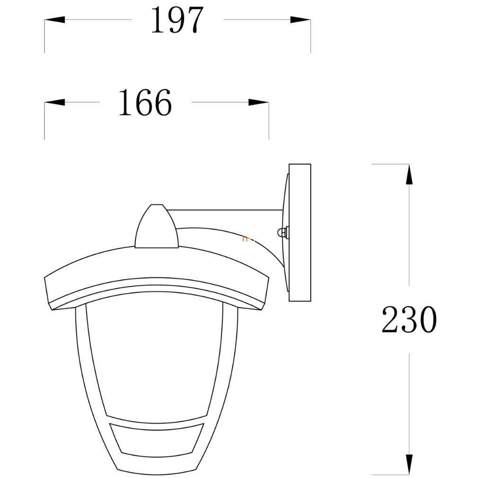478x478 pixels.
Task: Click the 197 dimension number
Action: [x=177, y=20]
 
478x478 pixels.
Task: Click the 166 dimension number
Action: [x=145, y=102]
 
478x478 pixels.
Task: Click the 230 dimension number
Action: [x=409, y=319]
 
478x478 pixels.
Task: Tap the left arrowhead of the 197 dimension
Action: [x=54, y=20]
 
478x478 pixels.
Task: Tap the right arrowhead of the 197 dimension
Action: [x=301, y=20]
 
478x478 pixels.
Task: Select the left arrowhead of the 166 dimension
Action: [x=54, y=102]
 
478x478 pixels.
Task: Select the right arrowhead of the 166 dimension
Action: [x=259, y=102]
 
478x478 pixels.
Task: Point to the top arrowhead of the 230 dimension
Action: [x=409, y=174]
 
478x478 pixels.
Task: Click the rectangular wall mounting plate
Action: [x=300, y=232]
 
